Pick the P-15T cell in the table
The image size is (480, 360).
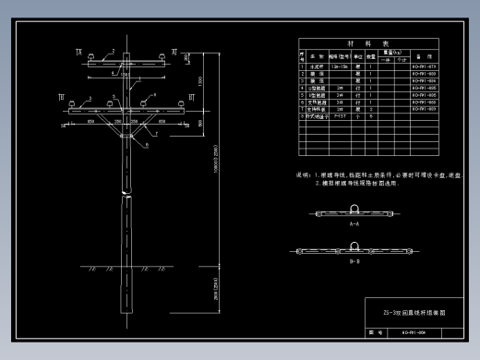click(337, 116)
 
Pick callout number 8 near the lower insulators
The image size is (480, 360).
click(152, 96)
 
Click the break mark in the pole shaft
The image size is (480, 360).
click(126, 194)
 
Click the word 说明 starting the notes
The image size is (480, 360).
click(302, 174)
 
